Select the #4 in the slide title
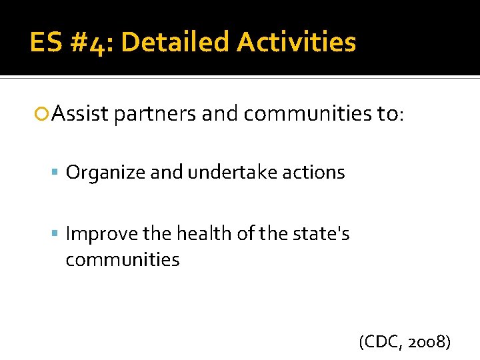pos(97,43)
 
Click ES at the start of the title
pos(46,43)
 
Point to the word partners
pos(155,115)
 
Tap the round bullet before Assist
pos(43,115)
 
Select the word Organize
pos(106,173)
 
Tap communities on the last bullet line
pos(123,259)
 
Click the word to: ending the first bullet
pos(389,115)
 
